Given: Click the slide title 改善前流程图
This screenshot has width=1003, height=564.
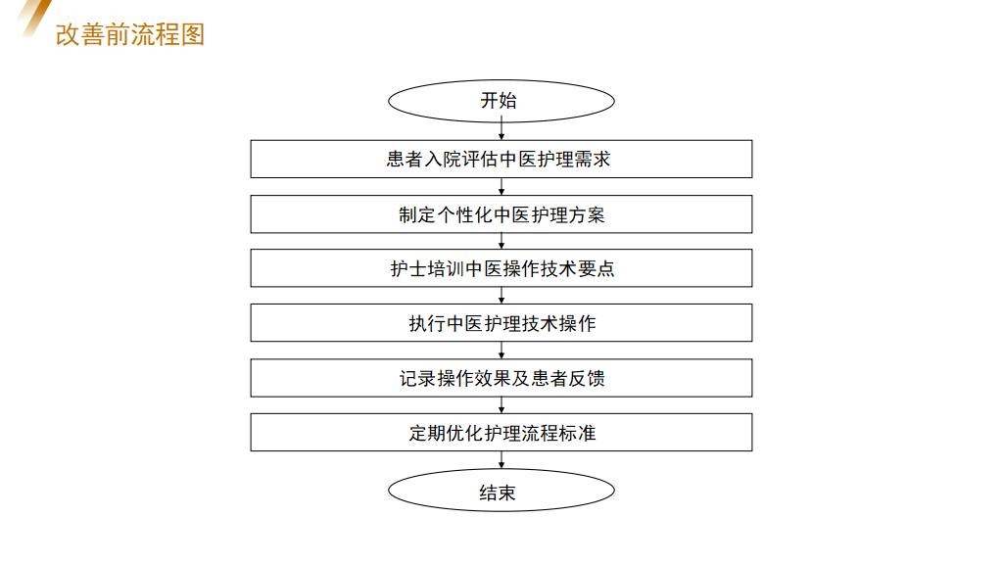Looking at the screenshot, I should tap(130, 35).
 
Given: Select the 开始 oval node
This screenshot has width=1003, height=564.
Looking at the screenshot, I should tap(501, 101).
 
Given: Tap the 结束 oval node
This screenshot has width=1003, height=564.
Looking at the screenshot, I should tap(501, 492).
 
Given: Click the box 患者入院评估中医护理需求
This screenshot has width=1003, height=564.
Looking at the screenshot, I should tap(501, 159).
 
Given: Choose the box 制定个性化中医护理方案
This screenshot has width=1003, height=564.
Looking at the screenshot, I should tap(501, 213).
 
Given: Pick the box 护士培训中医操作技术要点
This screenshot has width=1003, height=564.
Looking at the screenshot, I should tap(501, 268).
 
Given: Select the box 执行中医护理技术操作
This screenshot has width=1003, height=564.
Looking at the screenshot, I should tap(501, 323).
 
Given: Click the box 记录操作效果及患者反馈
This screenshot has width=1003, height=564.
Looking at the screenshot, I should tap(501, 378).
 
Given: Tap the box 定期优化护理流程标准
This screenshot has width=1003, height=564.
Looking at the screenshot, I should tap(501, 432).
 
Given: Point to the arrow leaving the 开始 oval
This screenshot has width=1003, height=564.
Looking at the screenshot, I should tap(501, 130).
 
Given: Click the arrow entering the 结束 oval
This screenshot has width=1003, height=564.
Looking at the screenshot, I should tap(501, 460).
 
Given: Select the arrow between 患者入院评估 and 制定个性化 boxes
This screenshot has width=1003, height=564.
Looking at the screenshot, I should tap(501, 186).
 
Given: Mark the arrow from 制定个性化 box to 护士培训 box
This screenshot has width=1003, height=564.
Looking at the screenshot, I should tap(501, 241).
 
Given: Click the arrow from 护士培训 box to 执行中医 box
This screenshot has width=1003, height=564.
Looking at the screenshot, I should tap(501, 296).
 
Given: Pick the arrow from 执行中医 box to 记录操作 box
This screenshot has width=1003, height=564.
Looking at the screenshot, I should tap(501, 351).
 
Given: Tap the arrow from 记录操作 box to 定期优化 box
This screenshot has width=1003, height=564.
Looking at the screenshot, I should tap(501, 405).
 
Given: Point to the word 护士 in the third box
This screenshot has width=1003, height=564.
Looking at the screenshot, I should tap(408, 268).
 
